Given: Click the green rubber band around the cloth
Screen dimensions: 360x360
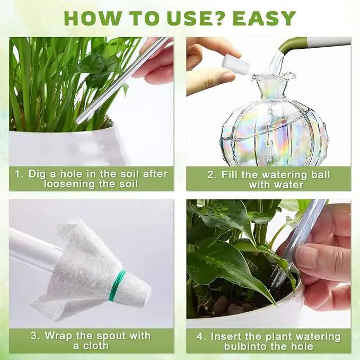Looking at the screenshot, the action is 117,285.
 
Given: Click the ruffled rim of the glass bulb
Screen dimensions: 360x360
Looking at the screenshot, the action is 273,77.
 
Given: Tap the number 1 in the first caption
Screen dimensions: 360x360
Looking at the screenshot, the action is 19,174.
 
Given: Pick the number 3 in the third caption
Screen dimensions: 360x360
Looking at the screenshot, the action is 35,336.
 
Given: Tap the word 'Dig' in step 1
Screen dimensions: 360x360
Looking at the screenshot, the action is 36,174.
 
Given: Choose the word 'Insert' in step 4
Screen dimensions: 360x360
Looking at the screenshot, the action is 226,337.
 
